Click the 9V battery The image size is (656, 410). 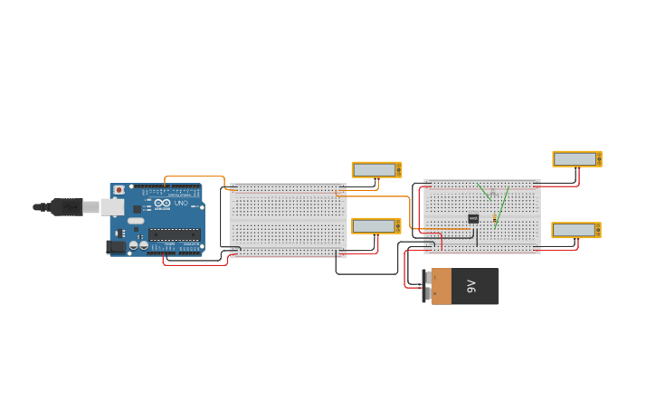(463, 286)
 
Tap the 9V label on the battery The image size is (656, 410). (471, 286)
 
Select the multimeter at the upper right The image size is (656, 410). (576, 159)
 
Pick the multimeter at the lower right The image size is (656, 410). (575, 230)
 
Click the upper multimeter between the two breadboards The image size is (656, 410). (376, 170)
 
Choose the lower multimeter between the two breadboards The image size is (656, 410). (376, 226)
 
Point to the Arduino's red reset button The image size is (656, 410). (119, 190)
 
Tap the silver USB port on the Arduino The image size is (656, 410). (112, 207)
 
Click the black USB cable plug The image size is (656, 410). (66, 207)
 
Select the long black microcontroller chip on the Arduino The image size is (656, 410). (174, 234)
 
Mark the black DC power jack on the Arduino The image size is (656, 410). (116, 246)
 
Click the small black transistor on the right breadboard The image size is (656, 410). (473, 218)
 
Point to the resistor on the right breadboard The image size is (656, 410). (495, 220)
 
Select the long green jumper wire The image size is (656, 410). (502, 206)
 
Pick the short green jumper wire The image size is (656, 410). (484, 191)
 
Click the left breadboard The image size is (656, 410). (288, 220)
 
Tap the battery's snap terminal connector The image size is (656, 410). (427, 286)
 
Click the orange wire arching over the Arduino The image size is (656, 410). (195, 177)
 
